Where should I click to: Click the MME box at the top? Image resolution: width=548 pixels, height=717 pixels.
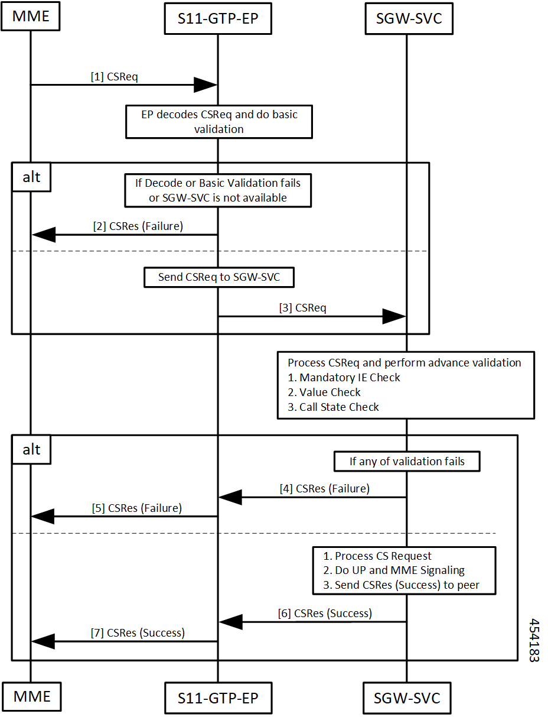[x=31, y=17]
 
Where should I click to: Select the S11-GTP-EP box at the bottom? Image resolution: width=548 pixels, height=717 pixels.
[x=218, y=697]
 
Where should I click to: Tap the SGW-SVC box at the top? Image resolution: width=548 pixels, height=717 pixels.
[x=409, y=18]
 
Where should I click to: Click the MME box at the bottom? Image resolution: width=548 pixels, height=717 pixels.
[x=32, y=696]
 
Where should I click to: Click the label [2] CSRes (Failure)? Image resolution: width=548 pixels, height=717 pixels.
[x=138, y=226]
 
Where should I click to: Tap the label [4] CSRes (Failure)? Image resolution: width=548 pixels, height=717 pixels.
[x=325, y=488]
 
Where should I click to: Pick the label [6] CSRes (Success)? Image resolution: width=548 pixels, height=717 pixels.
[x=325, y=613]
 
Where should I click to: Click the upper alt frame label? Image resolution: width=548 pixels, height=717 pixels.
[x=31, y=177]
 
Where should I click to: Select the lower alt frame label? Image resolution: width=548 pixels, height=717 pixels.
[x=31, y=449]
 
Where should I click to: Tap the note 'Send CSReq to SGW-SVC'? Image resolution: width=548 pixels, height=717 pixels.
[x=219, y=277]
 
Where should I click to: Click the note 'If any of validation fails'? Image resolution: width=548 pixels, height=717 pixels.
[x=407, y=461]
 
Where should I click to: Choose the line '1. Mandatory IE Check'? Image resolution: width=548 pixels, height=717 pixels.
[x=344, y=377]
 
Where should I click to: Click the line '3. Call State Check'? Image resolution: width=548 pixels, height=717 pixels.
[x=333, y=407]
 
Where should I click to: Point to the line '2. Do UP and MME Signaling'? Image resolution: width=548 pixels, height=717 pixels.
[x=394, y=570]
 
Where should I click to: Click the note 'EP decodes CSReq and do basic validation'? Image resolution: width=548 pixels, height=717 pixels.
[x=219, y=122]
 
